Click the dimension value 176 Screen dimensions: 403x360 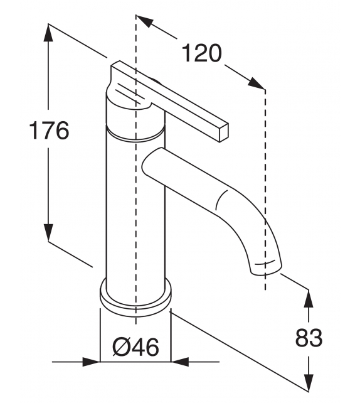pyautogui.click(x=49, y=131)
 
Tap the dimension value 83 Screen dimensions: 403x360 pyautogui.click(x=309, y=338)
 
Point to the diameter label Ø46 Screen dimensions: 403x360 pyautogui.click(x=135, y=346)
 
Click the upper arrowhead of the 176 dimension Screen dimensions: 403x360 pyautogui.click(x=49, y=31)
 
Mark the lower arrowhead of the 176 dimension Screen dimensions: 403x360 pyautogui.click(x=49, y=234)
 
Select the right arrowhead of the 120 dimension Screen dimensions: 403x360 pyautogui.click(x=257, y=83)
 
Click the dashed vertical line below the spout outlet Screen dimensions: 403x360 pyautogui.click(x=265, y=281)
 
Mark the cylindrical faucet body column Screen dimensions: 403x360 pyautogui.click(x=135, y=207)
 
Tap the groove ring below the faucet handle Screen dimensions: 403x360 pyautogui.click(x=135, y=133)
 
